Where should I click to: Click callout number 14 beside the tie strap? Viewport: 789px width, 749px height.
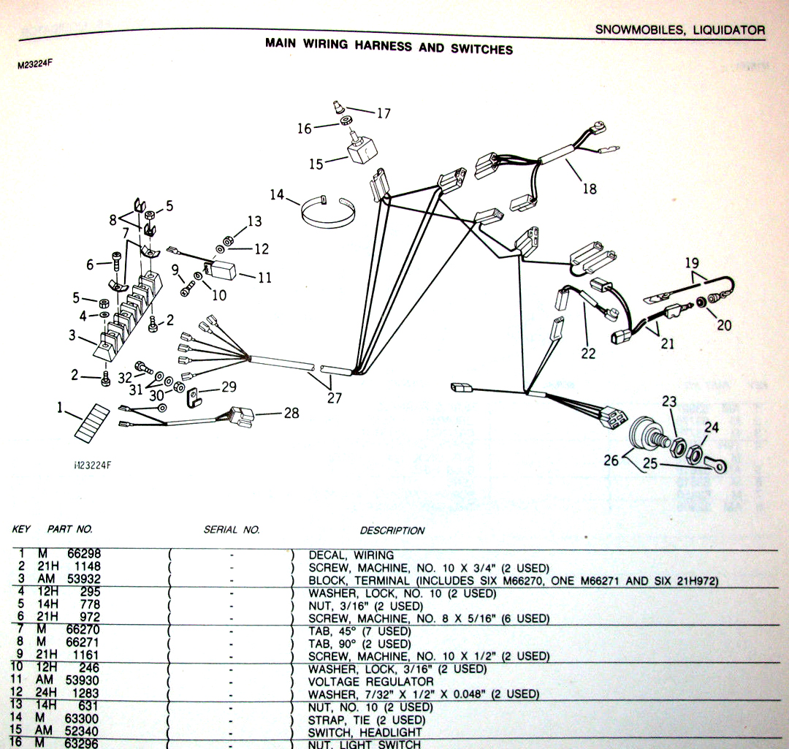coord(277,195)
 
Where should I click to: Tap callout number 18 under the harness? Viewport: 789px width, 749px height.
coord(589,189)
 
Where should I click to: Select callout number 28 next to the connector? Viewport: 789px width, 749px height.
coord(291,414)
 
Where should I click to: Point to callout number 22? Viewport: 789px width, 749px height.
coord(588,354)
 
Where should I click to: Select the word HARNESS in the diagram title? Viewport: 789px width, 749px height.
coord(385,45)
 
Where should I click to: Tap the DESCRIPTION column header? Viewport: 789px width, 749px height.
coord(392,531)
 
